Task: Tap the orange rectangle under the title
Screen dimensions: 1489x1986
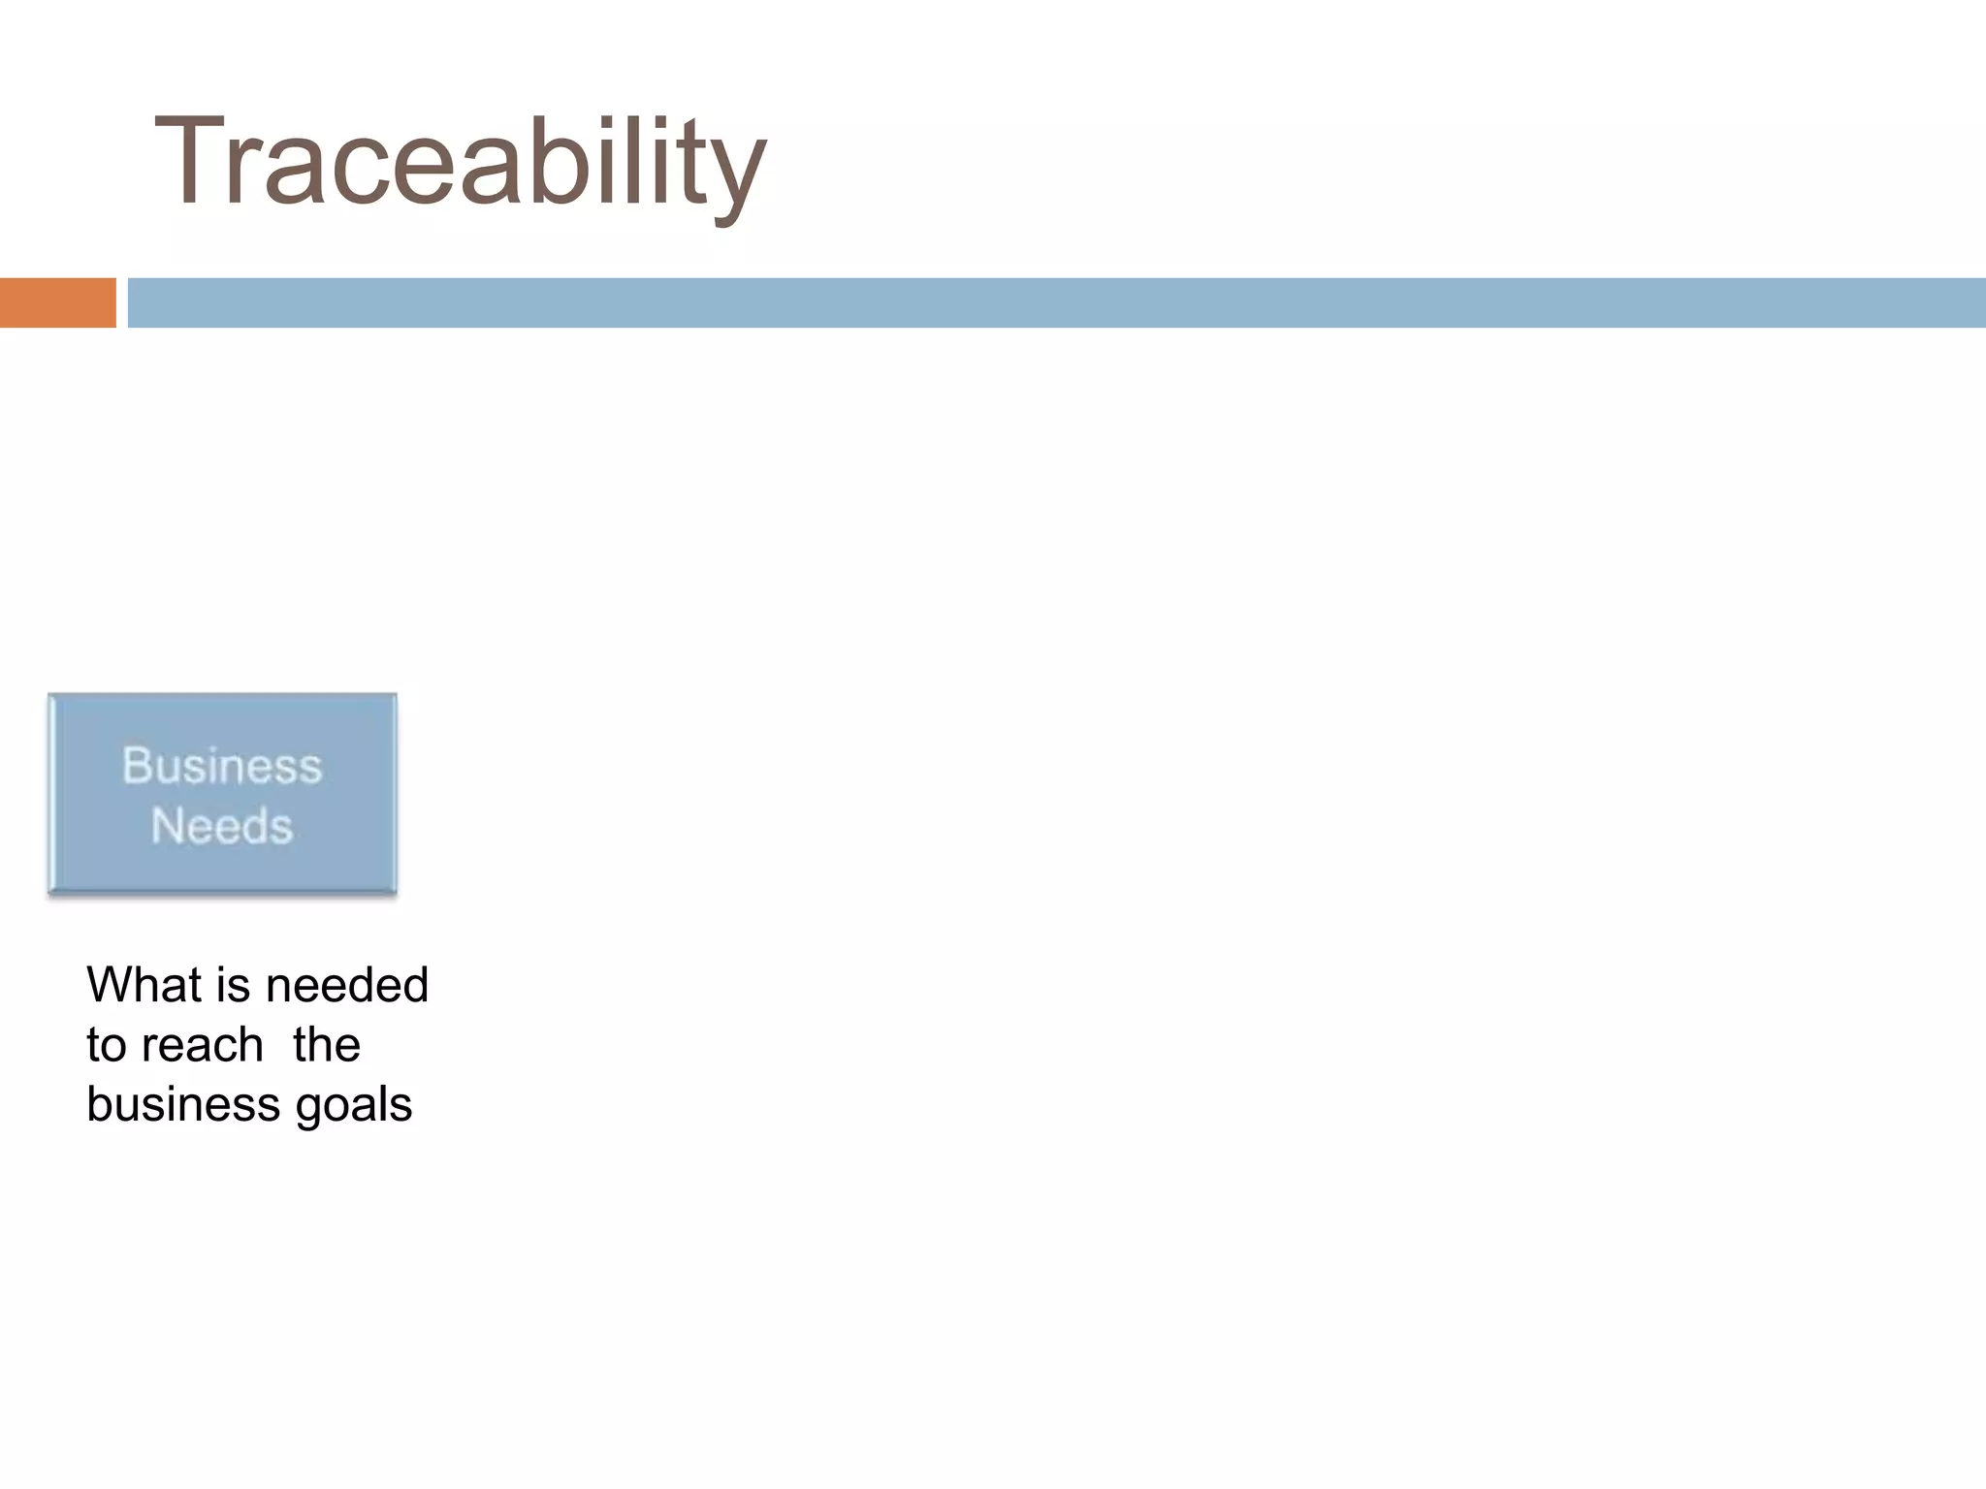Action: point(57,302)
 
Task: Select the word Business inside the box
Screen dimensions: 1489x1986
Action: point(222,766)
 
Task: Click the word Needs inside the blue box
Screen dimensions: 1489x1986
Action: point(222,827)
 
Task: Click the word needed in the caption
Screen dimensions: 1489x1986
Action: point(346,985)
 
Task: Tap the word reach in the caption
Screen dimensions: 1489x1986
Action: point(202,1045)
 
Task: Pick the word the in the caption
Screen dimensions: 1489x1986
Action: point(327,1045)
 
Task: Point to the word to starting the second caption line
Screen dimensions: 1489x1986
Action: point(106,1046)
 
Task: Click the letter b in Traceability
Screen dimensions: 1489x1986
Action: point(545,161)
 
